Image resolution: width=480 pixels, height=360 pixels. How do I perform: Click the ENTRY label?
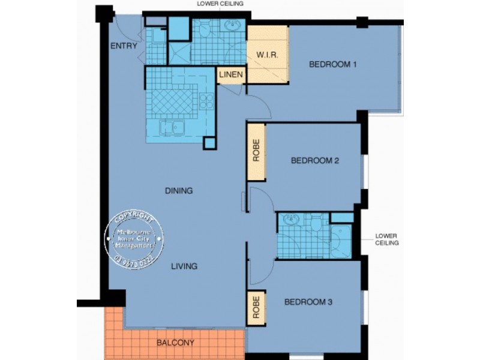(124, 46)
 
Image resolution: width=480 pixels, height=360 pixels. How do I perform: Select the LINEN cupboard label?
(231, 75)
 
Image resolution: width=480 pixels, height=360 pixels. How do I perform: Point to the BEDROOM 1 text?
(333, 65)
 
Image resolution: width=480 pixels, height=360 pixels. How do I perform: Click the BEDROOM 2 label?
(315, 161)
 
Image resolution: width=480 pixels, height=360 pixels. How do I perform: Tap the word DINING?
(179, 191)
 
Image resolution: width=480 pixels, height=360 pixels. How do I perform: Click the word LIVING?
(183, 266)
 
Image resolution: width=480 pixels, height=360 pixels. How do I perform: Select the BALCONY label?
(175, 343)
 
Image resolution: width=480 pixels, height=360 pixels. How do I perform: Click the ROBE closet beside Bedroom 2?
(256, 152)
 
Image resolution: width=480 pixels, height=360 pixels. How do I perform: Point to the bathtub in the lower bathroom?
(344, 242)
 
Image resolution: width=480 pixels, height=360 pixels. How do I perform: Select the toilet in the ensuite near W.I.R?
(204, 30)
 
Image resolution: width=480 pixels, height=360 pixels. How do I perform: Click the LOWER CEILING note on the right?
(387, 239)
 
